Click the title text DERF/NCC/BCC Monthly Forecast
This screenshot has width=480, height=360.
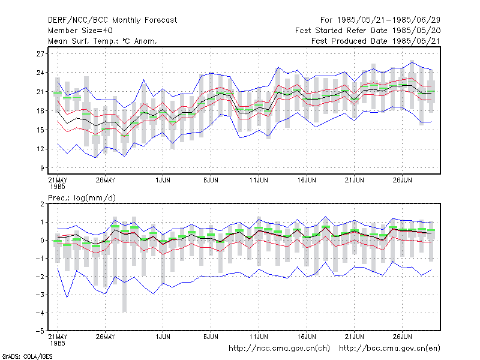coord(112,20)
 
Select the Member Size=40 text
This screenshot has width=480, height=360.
coord(80,31)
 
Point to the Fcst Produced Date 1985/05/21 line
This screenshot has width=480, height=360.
coord(376,41)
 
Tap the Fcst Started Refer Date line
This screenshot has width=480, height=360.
coord(368,31)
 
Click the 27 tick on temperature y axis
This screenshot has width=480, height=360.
coord(40,54)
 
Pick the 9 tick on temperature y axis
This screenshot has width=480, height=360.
coord(42,168)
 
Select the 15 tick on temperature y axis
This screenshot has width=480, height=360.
coord(40,130)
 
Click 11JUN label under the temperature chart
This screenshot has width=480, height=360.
coord(259,180)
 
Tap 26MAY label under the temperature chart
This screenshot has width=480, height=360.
coord(106,180)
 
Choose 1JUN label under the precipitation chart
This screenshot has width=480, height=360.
coord(163,337)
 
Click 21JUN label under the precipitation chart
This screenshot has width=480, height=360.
coord(355,337)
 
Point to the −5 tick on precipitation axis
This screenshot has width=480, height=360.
coord(40,331)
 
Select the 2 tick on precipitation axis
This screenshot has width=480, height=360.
coord(42,204)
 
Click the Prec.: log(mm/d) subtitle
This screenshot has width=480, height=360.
coord(82,198)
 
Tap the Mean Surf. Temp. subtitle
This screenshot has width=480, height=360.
coord(102,41)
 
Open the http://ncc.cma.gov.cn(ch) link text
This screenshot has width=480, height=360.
coord(279,349)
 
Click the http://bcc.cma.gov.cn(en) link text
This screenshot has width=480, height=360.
coord(389,349)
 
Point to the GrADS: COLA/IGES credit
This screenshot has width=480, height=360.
coord(27,356)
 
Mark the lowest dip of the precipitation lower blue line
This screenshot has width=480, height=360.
coord(67,297)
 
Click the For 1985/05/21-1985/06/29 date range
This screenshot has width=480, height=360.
coord(380,20)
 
